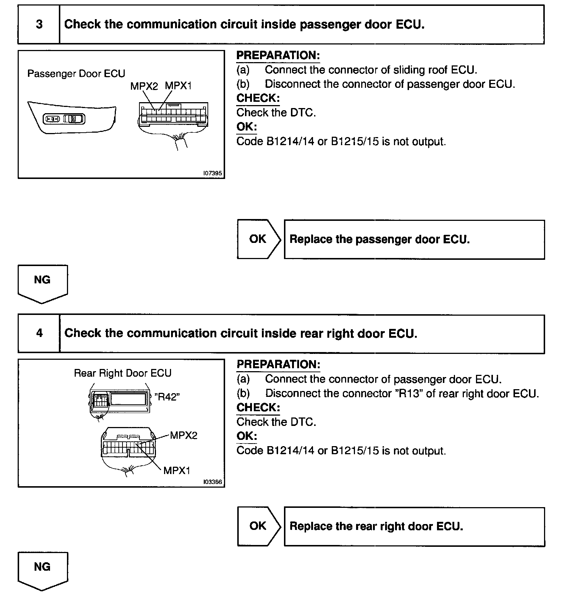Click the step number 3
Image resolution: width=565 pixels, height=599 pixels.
point(39,25)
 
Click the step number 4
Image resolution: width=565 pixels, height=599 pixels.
point(39,333)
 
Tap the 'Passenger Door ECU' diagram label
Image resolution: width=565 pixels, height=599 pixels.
point(76,73)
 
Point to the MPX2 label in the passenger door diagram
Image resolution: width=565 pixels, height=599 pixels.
point(144,86)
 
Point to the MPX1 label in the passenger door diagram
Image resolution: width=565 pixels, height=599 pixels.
point(178,86)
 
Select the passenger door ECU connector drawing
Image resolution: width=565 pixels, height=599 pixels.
point(174,115)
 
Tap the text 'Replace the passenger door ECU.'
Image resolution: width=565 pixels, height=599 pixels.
point(380,240)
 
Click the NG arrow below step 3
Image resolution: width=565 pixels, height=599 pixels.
point(42,283)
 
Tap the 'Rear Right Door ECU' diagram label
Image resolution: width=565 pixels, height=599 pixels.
point(122,373)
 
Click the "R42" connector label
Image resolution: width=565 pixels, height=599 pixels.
point(167,397)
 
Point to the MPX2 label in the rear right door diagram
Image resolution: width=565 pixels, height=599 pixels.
point(184,435)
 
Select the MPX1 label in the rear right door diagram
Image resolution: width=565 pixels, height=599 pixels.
point(177,471)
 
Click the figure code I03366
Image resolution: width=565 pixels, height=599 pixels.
point(213,482)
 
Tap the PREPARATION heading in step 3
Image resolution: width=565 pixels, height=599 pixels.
point(278,55)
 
